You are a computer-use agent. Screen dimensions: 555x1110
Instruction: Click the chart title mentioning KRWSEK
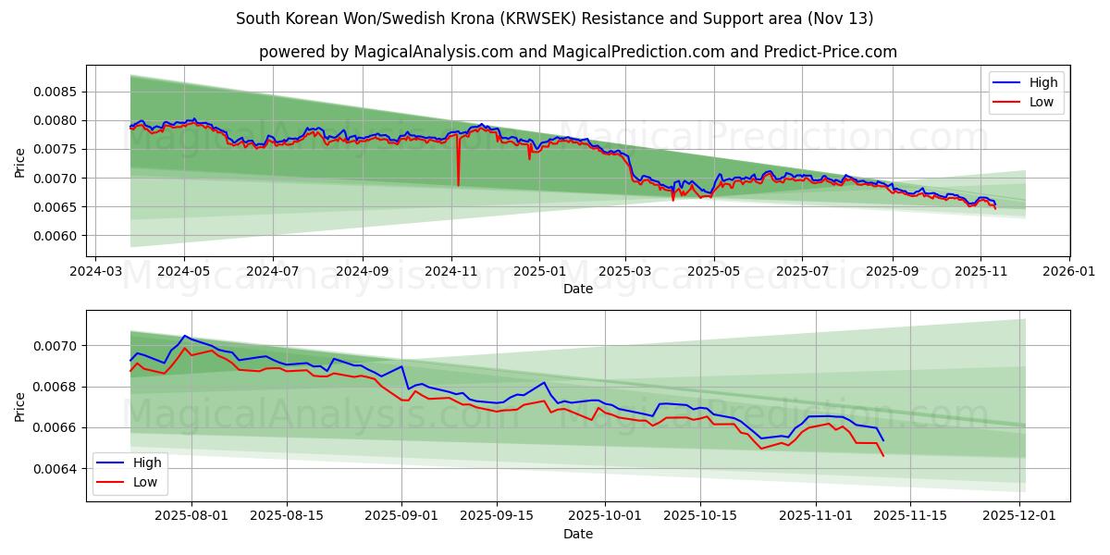[554, 18]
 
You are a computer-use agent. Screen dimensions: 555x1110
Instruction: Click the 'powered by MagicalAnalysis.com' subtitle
[577, 52]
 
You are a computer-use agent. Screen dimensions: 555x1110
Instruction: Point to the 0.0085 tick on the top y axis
[57, 92]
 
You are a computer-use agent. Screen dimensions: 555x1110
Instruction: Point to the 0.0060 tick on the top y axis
[57, 236]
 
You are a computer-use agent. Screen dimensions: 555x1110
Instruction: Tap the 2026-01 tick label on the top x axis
[1069, 273]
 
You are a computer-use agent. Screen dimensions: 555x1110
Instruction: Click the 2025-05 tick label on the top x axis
[713, 273]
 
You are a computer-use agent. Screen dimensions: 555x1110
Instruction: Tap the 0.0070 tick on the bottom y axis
[57, 346]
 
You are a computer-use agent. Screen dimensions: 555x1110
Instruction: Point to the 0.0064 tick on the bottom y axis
[57, 469]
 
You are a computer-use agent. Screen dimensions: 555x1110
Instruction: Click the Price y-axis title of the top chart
[20, 162]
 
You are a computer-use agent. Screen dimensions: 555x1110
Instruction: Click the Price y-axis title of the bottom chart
[20, 406]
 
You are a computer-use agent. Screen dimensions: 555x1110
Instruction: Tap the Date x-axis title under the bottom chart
[577, 534]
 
